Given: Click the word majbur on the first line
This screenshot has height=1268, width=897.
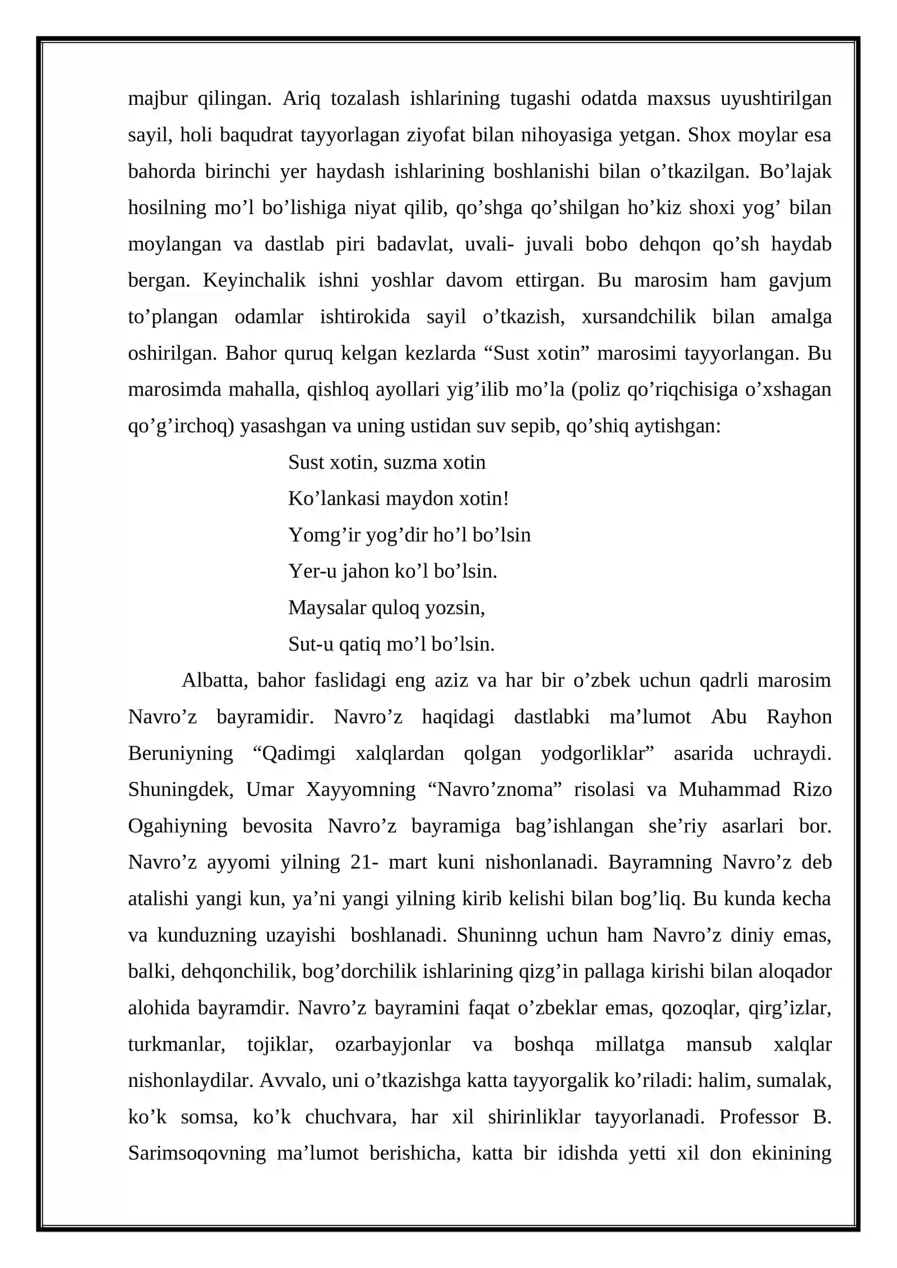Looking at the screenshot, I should pyautogui.click(x=158, y=99).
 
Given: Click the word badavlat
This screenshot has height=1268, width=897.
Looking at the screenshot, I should pyautogui.click(x=414, y=244).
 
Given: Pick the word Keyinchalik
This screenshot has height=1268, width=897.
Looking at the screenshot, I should pyautogui.click(x=254, y=280).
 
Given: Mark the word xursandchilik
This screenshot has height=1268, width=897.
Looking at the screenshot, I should pyautogui.click(x=639, y=317).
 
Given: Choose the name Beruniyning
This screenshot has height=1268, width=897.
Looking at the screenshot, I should pyautogui.click(x=181, y=753).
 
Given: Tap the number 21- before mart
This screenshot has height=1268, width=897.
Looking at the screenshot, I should pyautogui.click(x=360, y=862).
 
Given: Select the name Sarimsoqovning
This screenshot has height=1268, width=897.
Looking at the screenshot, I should pyautogui.click(x=197, y=1153).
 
